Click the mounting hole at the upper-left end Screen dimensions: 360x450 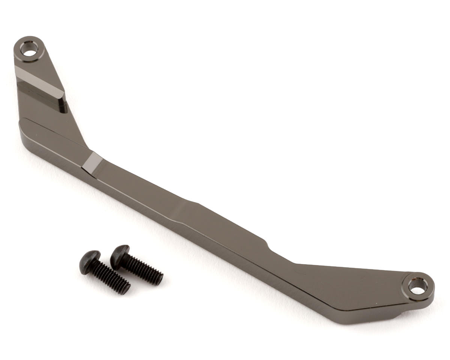point(29,49)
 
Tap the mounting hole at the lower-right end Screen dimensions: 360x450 point(417,287)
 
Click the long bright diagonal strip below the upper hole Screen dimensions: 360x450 point(39,80)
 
